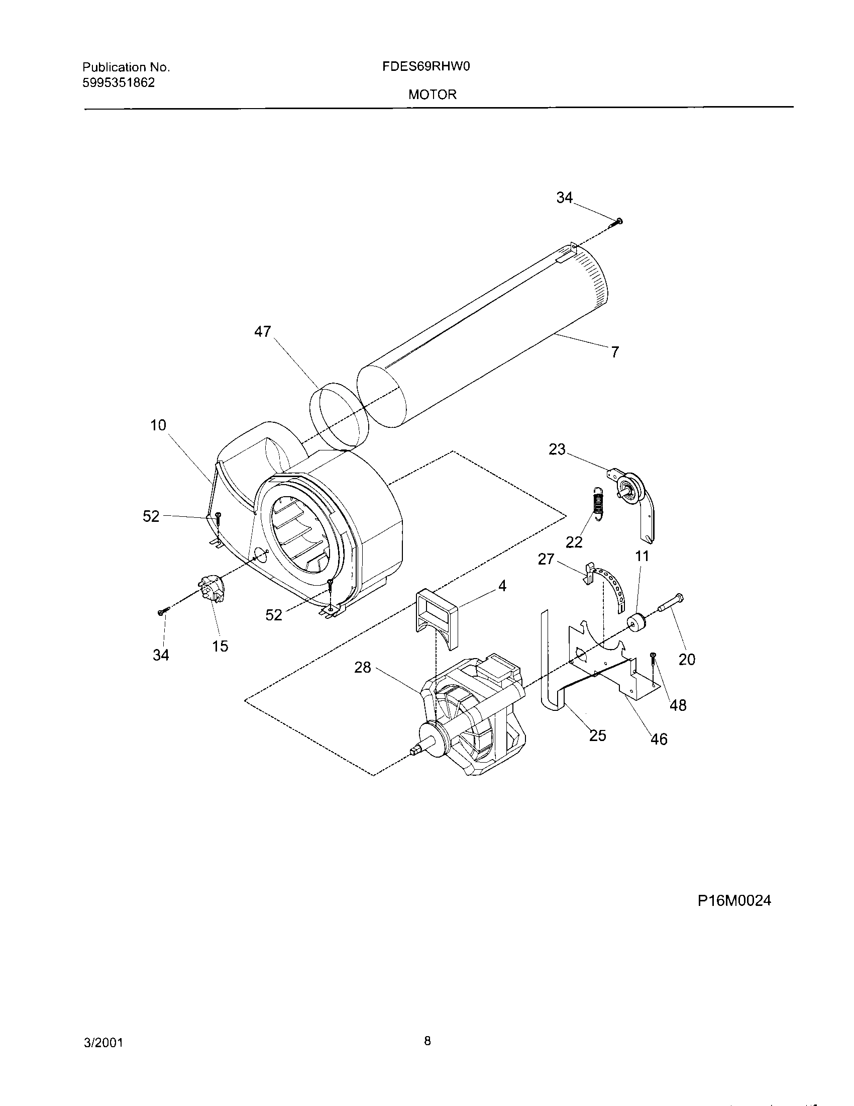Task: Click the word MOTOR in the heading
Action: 433,95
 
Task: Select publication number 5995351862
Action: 119,82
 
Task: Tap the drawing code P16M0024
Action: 734,900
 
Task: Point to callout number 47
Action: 263,332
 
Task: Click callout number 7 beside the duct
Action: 615,352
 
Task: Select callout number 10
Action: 158,425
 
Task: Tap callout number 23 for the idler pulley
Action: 557,449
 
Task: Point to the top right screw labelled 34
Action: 619,221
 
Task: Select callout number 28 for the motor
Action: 363,668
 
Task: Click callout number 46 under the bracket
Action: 659,739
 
